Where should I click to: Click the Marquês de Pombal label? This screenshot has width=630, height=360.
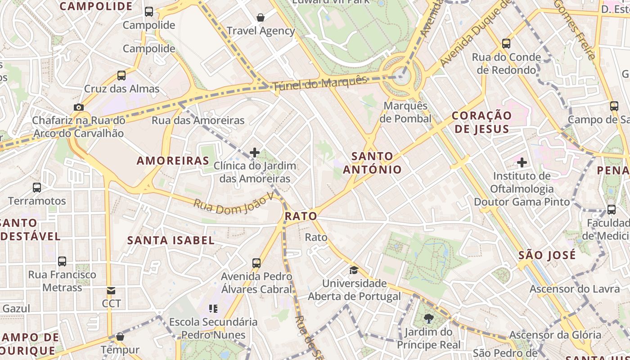(405, 112)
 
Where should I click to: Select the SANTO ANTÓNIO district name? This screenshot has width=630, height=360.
(372, 163)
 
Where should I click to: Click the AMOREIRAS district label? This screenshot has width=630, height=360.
(173, 161)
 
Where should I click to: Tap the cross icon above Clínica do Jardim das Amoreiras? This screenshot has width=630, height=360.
(255, 153)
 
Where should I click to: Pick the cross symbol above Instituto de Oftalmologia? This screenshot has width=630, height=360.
(522, 162)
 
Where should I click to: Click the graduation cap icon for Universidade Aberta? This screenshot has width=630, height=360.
(354, 270)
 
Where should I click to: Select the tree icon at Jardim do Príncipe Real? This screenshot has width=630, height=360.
(429, 319)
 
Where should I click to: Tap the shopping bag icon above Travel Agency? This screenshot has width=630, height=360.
(261, 18)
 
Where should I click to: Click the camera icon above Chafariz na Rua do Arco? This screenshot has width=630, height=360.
(79, 107)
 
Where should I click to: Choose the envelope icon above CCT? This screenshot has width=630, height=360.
(111, 291)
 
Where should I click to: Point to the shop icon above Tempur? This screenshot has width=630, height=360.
(120, 337)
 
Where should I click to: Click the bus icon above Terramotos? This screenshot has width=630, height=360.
(37, 187)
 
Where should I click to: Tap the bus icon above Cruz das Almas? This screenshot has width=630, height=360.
(121, 75)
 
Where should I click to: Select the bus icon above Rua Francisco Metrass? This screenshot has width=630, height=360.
(62, 261)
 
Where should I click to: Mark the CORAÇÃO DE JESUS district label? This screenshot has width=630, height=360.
(481, 122)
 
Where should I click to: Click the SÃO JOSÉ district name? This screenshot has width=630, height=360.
(547, 256)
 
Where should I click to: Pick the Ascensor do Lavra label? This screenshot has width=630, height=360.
(574, 289)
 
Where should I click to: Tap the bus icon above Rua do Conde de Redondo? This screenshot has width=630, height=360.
(506, 44)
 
